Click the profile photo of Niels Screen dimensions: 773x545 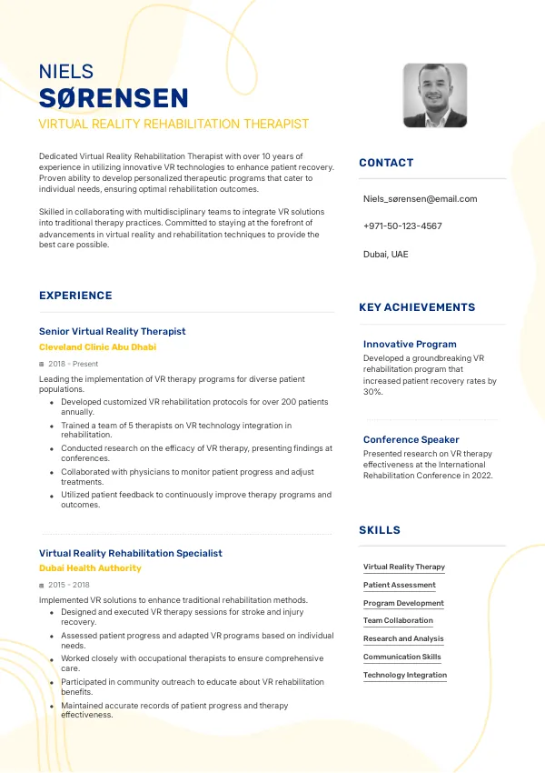[x=434, y=95]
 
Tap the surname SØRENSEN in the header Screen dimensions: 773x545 [x=114, y=98]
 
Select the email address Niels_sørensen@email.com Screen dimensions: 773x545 [x=420, y=198]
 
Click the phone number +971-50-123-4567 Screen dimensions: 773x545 [x=402, y=226]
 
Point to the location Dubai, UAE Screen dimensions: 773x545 [x=386, y=254]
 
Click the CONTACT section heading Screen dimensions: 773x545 [x=386, y=163]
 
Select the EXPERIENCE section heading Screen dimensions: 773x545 [x=75, y=296]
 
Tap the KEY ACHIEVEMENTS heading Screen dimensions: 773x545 [x=417, y=307]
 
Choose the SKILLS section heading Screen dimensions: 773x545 [x=380, y=530]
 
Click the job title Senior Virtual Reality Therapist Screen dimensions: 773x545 [x=112, y=331]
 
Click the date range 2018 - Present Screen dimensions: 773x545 [x=73, y=364]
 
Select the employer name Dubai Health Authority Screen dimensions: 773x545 [x=90, y=567]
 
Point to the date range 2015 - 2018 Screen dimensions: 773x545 [x=69, y=585]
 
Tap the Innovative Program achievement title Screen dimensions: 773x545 [x=410, y=344]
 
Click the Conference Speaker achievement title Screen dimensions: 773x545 [x=411, y=439]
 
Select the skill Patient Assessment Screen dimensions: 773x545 [x=399, y=585]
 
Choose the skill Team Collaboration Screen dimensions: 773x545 [x=398, y=620]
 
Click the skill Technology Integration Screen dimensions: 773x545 [x=405, y=675]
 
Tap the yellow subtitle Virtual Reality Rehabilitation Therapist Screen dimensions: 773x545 [x=173, y=124]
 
